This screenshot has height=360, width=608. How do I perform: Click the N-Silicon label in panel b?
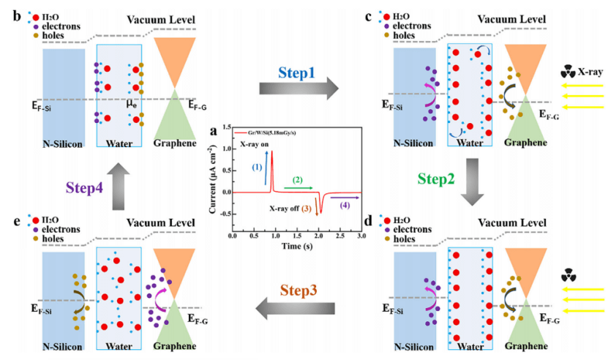[x=61, y=144]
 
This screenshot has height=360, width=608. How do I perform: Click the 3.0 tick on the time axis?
[x=361, y=238]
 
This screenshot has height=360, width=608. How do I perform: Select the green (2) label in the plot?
[x=297, y=179]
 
